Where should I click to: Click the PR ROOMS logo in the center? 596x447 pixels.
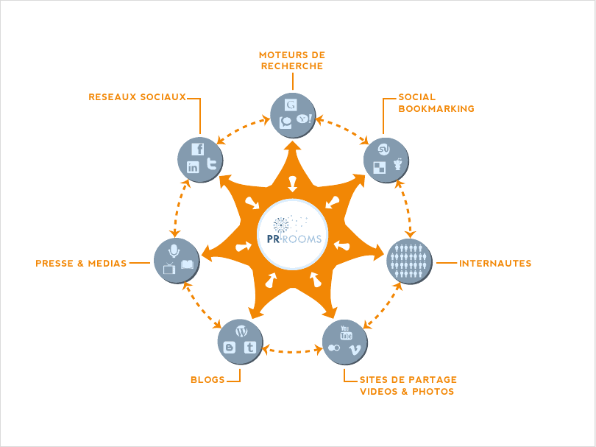tap(292, 234)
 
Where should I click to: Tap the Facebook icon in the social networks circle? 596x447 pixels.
tap(197, 149)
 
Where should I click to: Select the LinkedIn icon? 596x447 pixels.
tap(193, 167)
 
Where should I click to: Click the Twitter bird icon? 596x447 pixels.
tap(211, 163)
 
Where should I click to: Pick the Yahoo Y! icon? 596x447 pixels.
tap(304, 119)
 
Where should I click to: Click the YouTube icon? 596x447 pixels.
tap(346, 332)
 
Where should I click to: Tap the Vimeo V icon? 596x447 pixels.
tap(354, 349)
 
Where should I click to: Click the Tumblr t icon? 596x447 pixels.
tap(249, 347)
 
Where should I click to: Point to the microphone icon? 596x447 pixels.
tap(174, 250)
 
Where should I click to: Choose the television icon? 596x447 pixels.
tap(169, 267)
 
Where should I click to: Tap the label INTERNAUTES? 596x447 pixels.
tap(494, 263)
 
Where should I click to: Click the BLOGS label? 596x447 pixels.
tap(207, 380)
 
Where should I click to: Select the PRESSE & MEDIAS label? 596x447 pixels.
tap(81, 263)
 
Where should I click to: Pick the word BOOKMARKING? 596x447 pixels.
tap(436, 108)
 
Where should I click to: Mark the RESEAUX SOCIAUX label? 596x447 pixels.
tap(137, 96)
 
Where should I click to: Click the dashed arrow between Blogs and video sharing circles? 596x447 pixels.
tap(293, 351)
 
